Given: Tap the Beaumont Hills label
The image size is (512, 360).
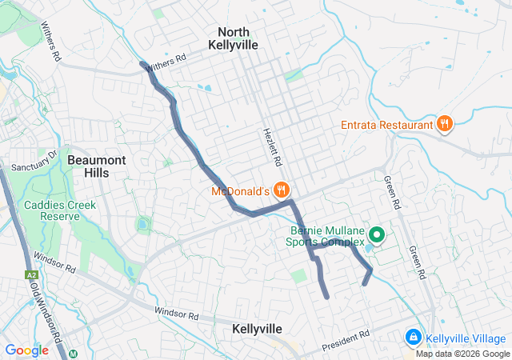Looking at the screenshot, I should (x=96, y=166).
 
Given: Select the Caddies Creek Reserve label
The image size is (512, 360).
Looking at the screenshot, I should (x=59, y=211).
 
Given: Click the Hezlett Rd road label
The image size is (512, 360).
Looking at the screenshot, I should (x=274, y=147).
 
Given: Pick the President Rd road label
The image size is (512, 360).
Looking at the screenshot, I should (x=346, y=342).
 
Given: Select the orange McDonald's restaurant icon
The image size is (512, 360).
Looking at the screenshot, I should (x=281, y=190).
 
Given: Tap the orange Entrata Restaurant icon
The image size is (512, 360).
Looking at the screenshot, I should (x=445, y=124).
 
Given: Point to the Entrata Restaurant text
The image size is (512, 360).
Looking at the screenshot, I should (x=386, y=125).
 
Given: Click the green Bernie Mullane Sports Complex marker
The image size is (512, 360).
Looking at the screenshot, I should (x=376, y=235).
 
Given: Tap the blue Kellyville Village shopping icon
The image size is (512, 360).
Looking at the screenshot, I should (x=413, y=338).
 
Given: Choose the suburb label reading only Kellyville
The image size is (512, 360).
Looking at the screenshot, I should (x=257, y=329).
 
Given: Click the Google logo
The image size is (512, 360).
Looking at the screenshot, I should (x=26, y=350).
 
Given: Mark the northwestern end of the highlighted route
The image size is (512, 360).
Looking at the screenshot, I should (x=142, y=63).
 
